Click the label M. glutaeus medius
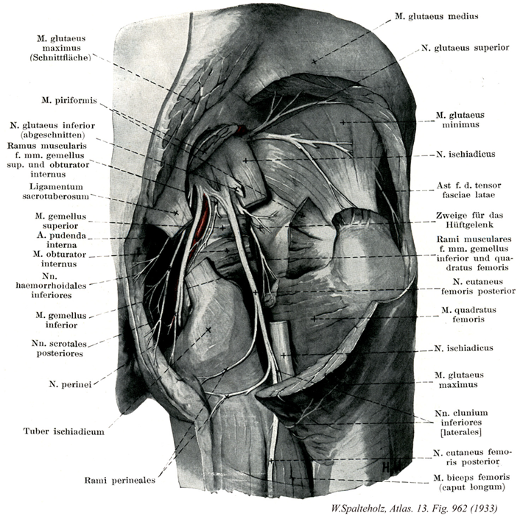click(437, 16)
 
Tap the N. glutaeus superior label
click(465, 48)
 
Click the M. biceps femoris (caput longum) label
click(471, 482)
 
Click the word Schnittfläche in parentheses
click(66, 57)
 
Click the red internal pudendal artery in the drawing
click(200, 221)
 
